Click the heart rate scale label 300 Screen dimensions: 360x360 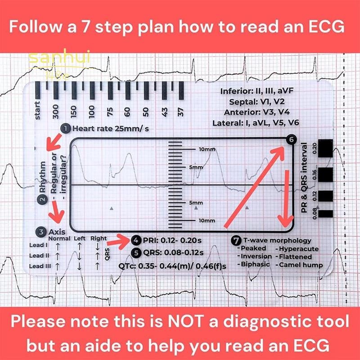coord(56,111)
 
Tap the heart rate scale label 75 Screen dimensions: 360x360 coord(109,111)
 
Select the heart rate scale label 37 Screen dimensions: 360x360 coord(180,112)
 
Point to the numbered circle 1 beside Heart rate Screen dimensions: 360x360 coord(66,129)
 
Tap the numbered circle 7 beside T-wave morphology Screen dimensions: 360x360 coord(236,240)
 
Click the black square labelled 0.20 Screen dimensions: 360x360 coord(325,152)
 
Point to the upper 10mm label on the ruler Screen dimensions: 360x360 coord(207,148)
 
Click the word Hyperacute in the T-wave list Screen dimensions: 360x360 coord(299,248)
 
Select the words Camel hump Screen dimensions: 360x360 coord(301,265)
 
